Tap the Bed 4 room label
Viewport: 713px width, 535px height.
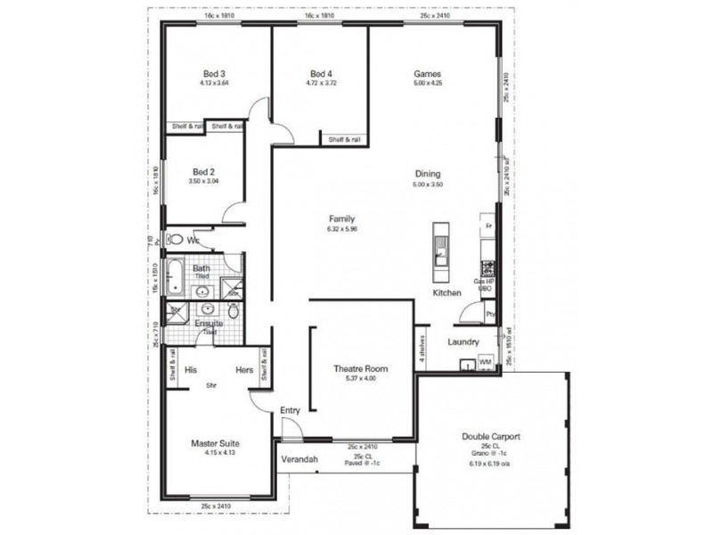coord(323,74)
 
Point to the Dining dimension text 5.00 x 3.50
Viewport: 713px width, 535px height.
coord(428,185)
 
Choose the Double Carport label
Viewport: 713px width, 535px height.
coord(491,437)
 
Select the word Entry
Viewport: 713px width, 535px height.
coord(291,410)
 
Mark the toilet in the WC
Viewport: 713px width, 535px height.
coord(176,239)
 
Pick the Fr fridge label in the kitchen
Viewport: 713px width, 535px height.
coord(488,227)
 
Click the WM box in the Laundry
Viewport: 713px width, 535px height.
coord(485,363)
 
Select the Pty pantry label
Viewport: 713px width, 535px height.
coord(489,315)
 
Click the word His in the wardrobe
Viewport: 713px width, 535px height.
coord(190,369)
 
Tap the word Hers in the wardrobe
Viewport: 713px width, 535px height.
coord(244,369)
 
